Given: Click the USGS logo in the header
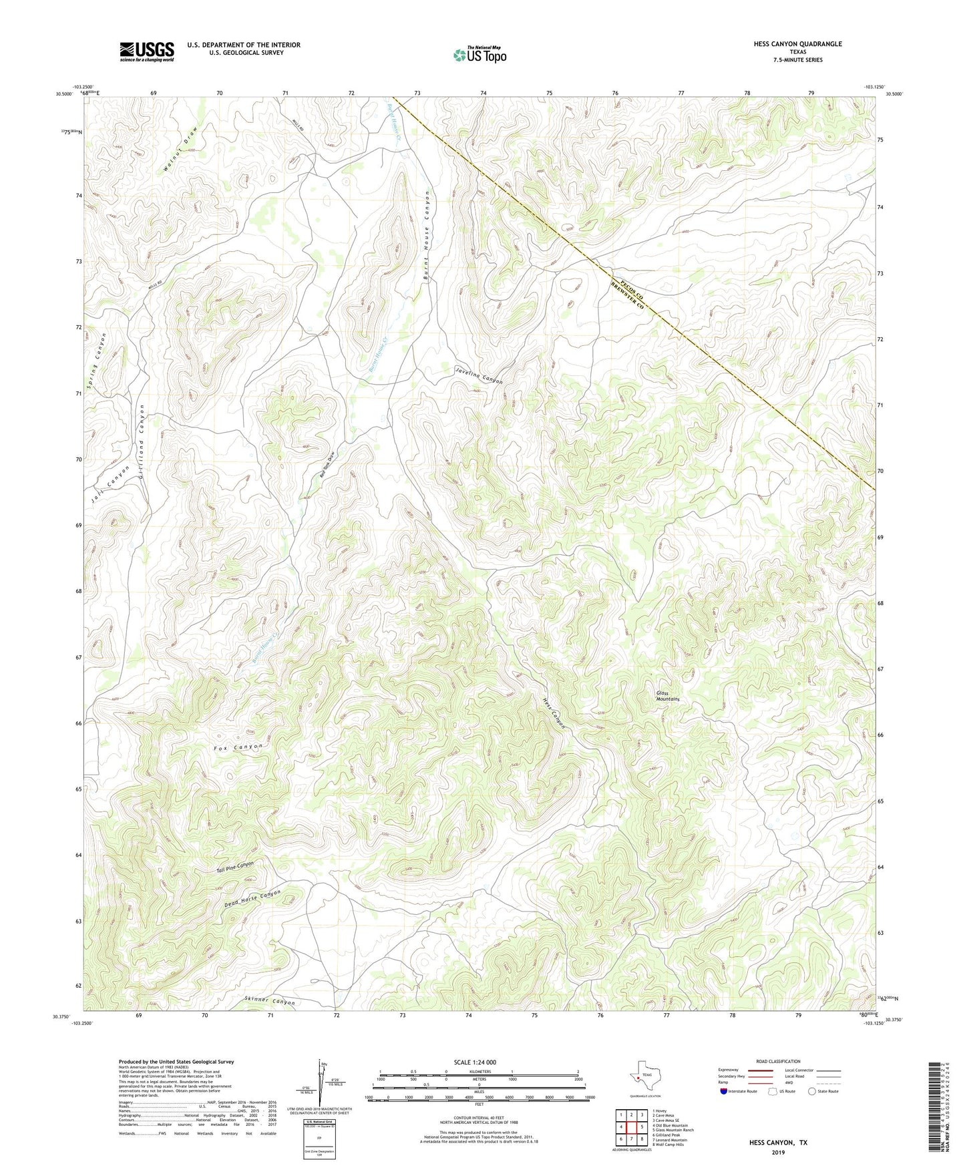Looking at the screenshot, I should tap(146, 51).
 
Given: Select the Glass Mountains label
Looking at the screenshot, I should tap(667, 696).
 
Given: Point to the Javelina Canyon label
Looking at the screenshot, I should tap(478, 375).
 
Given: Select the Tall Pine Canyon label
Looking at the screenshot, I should tap(235, 867).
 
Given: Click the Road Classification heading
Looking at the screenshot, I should tap(778, 1061).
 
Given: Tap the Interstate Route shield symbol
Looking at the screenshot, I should tap(723, 1091).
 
